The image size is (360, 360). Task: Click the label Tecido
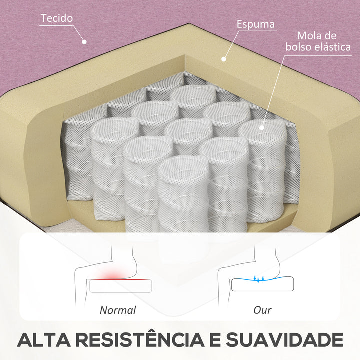tap(57, 18)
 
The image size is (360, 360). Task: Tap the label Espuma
tap(256, 24)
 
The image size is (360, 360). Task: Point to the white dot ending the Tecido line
tap(84, 42)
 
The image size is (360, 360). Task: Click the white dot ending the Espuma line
tap(224, 59)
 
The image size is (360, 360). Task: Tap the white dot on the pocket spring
tap(261, 128)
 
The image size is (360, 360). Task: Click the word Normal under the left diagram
tap(118, 310)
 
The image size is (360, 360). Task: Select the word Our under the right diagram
tap(262, 310)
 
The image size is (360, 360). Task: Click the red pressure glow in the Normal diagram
tap(112, 275)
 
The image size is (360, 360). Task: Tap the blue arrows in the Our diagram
tap(259, 279)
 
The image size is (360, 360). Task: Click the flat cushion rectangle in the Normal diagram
tap(121, 286)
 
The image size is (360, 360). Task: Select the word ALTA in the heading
tap(44, 339)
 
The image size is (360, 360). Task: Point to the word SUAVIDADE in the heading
tap(284, 339)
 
